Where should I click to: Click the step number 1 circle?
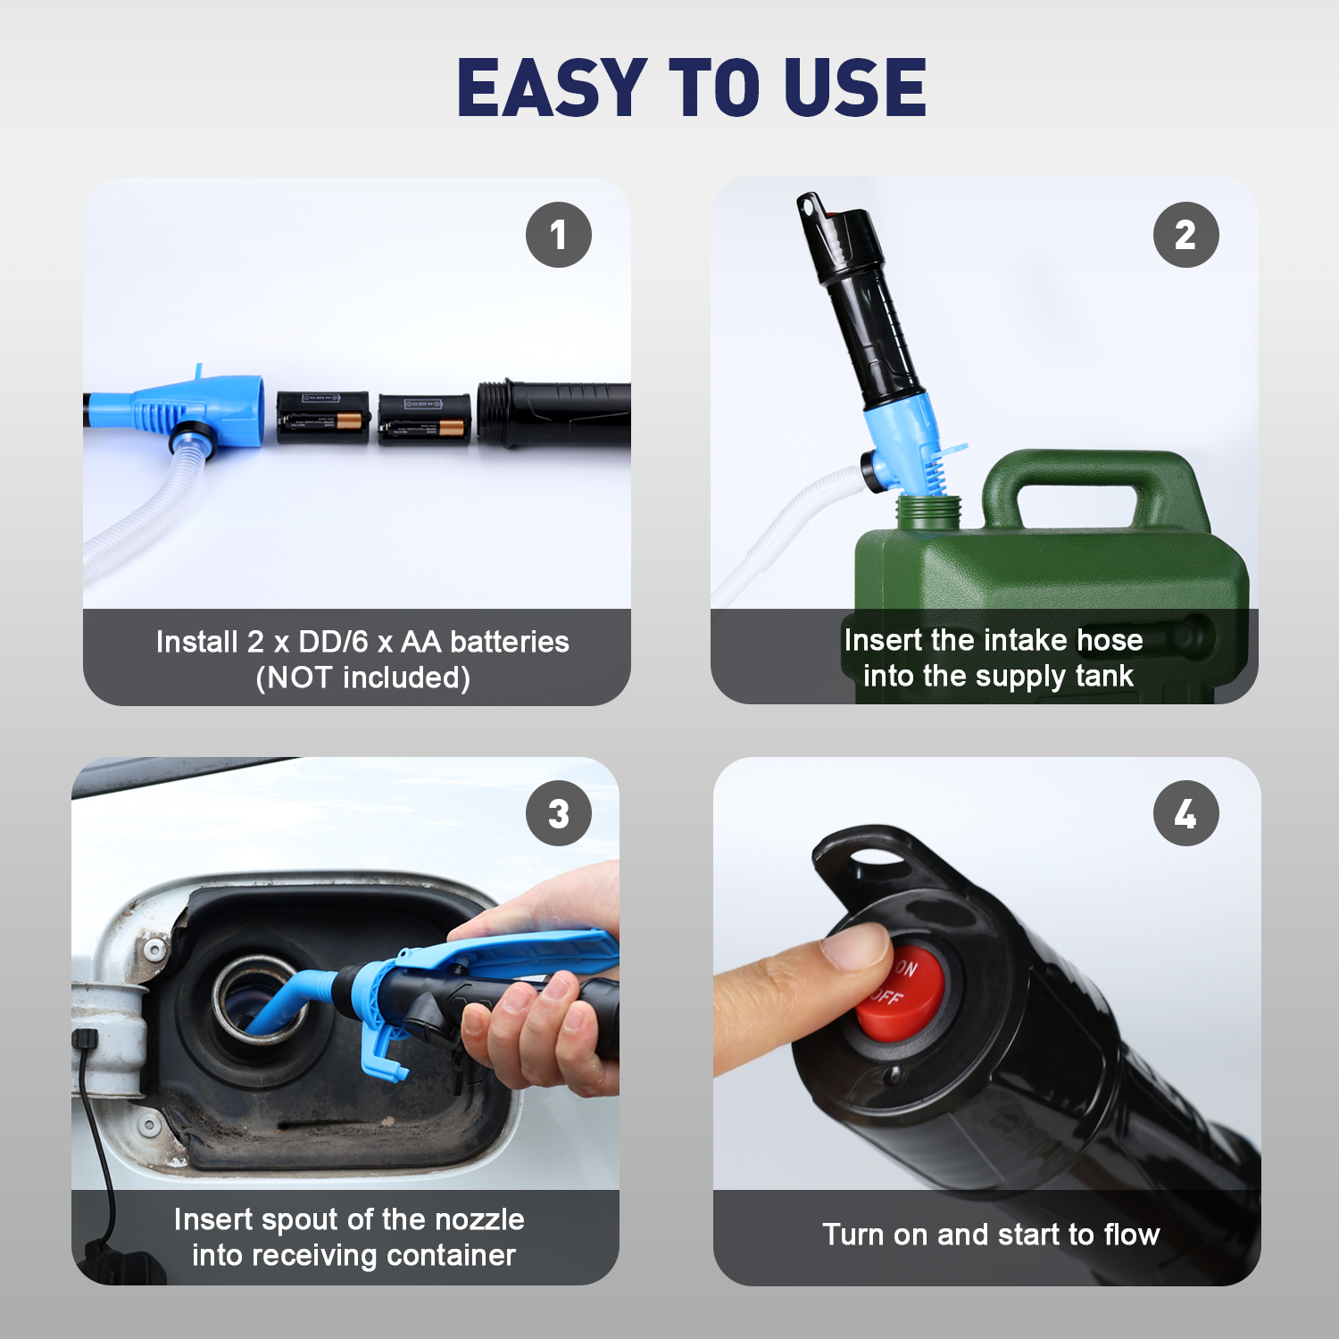point(559,235)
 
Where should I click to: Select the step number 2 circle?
point(1185,235)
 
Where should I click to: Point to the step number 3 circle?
point(559,813)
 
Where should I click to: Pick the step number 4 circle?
point(1185,813)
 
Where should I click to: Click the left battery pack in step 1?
point(322,417)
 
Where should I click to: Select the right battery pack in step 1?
point(424,419)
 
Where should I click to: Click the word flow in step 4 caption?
point(1132,1235)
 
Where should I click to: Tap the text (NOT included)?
point(362,678)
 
